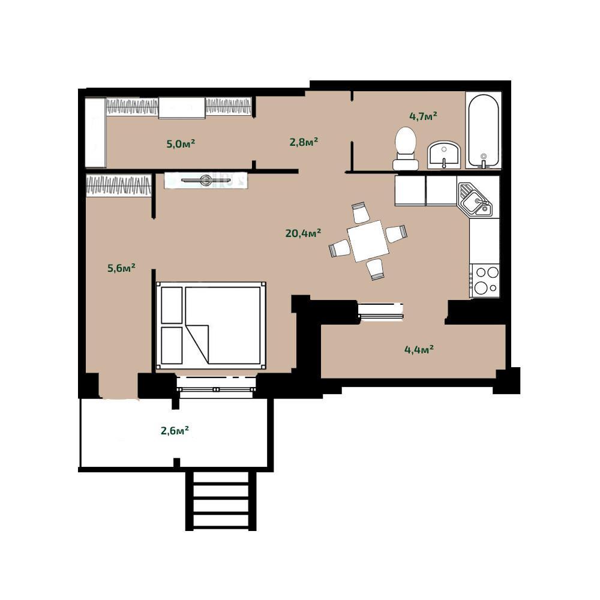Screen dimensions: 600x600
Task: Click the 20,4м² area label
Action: point(303,233)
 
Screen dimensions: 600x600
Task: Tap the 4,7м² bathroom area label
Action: point(423,116)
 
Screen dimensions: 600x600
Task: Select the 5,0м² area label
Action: point(181,144)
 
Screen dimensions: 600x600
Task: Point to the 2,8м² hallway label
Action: point(304,142)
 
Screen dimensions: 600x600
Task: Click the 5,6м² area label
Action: point(122,268)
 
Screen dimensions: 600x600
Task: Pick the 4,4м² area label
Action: point(419,349)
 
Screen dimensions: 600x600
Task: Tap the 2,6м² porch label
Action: point(175,430)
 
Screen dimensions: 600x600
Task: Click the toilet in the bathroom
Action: point(406,148)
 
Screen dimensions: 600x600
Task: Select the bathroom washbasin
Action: point(444,155)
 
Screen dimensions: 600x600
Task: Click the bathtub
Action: point(484,130)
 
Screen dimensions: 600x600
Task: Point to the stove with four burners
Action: point(485,280)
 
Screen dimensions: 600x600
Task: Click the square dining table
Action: point(368,241)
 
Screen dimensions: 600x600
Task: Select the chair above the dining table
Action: point(360,213)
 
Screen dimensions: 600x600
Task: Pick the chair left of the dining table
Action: point(340,248)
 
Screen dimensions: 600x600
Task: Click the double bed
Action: point(211,326)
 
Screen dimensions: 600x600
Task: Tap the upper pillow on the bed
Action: point(172,305)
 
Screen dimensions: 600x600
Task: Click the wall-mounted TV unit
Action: point(206,180)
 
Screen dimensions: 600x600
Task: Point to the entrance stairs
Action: point(221,500)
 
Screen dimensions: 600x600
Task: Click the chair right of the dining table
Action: point(396,233)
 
